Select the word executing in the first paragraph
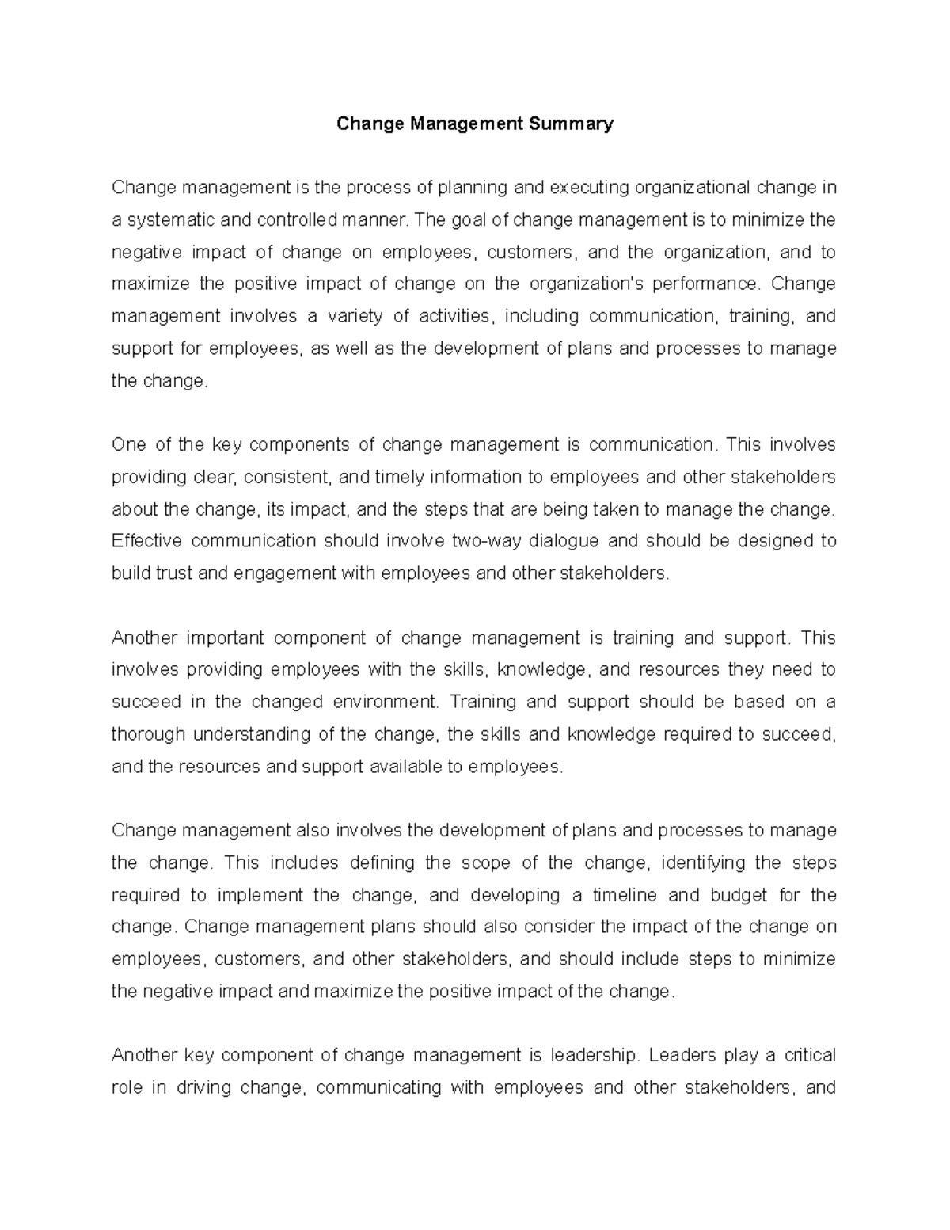(x=583, y=188)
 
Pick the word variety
(x=355, y=316)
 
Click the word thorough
(x=148, y=734)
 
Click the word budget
(x=739, y=895)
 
